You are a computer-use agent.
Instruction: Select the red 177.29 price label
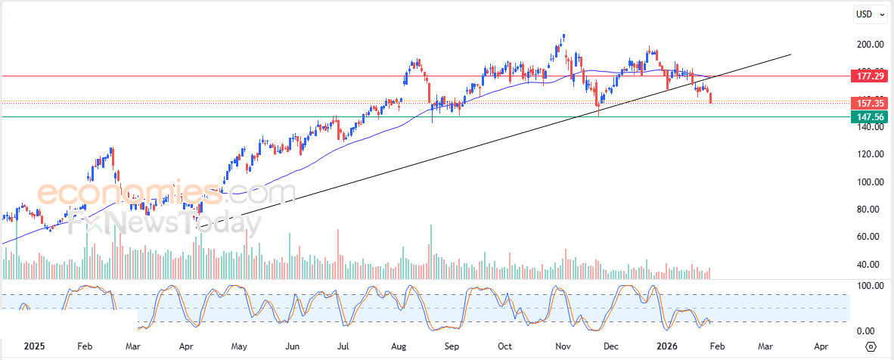(868, 76)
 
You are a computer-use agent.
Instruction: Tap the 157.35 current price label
(868, 102)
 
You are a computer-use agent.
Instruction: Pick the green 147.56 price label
(868, 116)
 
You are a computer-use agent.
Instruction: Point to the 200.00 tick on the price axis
(865, 45)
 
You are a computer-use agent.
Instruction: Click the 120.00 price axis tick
(865, 154)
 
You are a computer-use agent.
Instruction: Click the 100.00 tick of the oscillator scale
(865, 286)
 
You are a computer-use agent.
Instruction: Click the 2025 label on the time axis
(35, 346)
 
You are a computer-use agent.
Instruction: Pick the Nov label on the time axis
(563, 346)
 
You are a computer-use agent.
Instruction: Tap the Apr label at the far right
(821, 346)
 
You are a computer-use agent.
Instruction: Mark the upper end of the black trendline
(790, 54)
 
